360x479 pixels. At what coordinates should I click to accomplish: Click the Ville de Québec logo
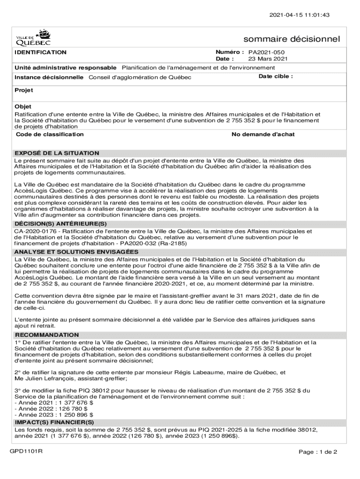point(34,36)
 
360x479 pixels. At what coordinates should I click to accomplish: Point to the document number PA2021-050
point(266,52)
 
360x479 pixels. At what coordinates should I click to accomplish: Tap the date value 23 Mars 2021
point(267,59)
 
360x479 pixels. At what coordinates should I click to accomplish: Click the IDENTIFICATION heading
point(40,52)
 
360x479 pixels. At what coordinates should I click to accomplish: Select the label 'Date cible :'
point(275,76)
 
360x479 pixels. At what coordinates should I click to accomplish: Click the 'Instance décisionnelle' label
point(49,77)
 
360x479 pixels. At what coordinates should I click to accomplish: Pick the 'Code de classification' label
point(50,134)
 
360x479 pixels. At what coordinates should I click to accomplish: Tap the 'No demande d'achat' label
point(263,134)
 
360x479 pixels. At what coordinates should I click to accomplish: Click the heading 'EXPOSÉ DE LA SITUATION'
point(57,153)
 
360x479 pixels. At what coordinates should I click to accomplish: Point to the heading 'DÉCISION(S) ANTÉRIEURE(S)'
point(61,224)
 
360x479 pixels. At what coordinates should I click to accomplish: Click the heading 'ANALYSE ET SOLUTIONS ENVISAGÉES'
point(76,252)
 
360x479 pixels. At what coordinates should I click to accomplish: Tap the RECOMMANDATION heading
point(47,335)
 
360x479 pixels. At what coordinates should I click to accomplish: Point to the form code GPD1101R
point(27,451)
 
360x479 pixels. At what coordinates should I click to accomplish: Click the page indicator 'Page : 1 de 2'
point(317,452)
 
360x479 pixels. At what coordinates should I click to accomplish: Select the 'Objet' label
point(23,107)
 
